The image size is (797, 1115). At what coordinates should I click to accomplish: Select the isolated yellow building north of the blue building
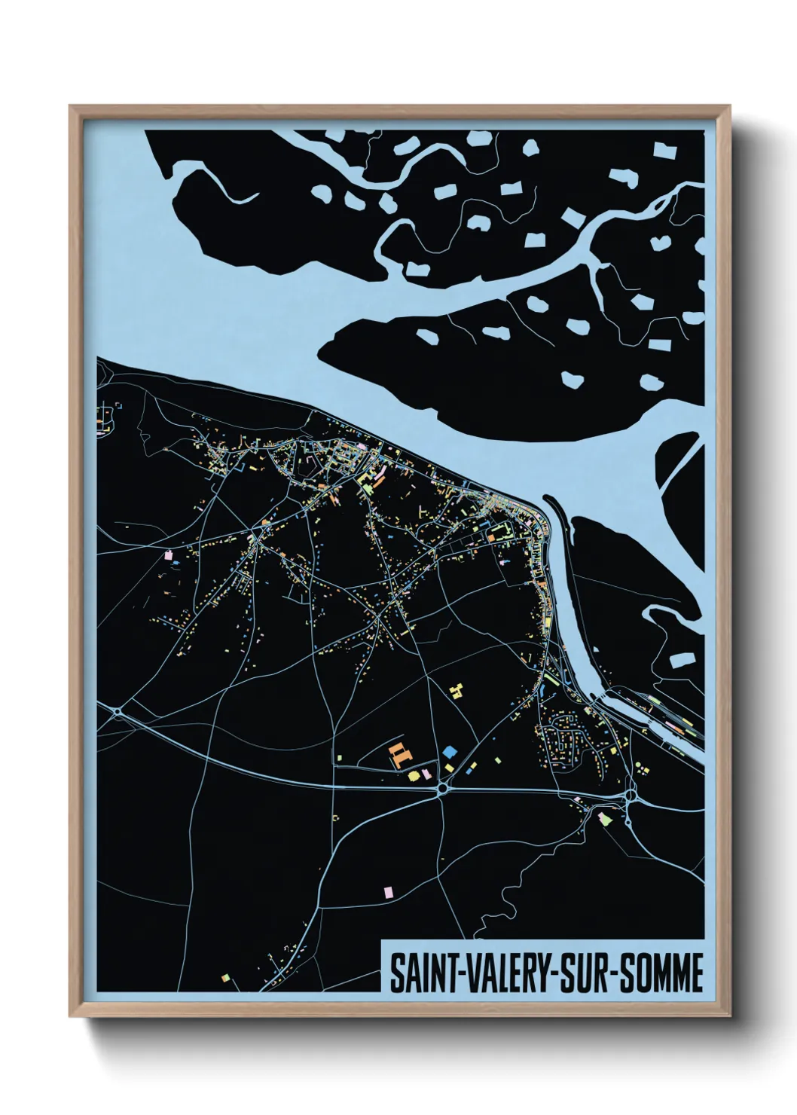(x=456, y=689)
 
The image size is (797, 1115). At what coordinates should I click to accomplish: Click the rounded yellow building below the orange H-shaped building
(x=413, y=774)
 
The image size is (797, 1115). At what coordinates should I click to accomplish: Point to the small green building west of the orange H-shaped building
(x=340, y=756)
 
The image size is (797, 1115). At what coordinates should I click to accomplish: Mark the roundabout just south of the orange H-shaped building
(x=441, y=790)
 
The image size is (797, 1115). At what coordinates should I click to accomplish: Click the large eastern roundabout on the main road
(x=630, y=794)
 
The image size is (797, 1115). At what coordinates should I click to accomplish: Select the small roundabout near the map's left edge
(x=118, y=710)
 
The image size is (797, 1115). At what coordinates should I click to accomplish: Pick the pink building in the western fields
(x=168, y=557)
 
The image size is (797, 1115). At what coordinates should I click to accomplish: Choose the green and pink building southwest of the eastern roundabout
(x=603, y=817)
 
